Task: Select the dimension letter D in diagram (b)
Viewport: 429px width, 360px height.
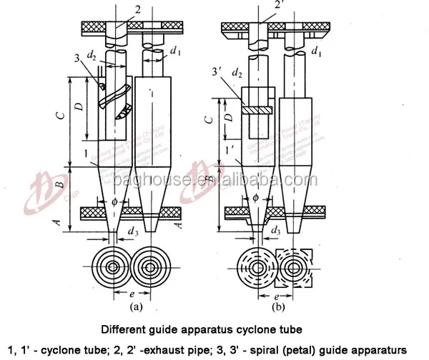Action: click(226, 115)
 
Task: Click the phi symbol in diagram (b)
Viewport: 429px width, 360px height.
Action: click(253, 199)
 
